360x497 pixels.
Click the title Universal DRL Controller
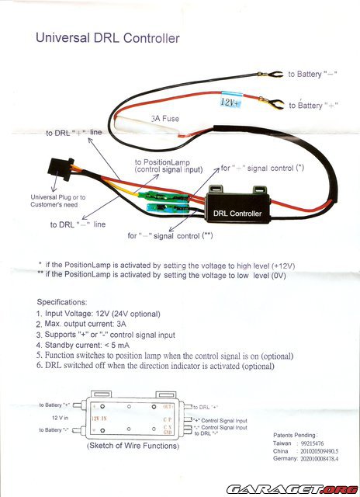point(108,37)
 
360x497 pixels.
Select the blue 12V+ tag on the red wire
point(232,101)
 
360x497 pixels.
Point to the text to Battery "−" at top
point(317,74)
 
